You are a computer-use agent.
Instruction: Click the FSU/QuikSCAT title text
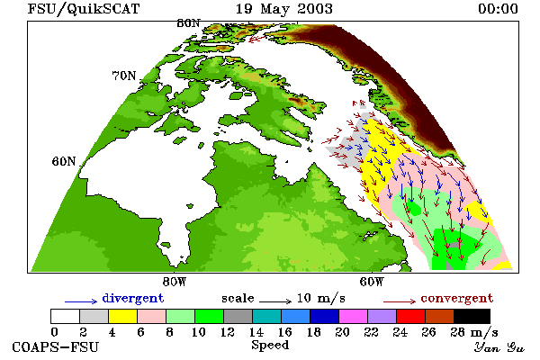84,9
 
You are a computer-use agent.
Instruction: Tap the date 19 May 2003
284,9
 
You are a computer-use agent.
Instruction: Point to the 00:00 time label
498,9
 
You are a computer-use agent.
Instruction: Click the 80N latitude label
188,23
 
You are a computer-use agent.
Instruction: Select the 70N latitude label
124,76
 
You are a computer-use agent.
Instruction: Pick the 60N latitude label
64,161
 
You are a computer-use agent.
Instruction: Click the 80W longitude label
175,282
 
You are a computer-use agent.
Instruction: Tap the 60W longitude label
371,282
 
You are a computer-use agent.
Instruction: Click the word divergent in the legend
133,299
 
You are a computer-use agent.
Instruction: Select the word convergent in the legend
457,298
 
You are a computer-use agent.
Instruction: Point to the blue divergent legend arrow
81,301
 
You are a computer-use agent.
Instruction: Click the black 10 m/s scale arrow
275,301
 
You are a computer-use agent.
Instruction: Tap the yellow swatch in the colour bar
123,316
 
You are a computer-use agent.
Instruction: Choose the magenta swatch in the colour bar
354,316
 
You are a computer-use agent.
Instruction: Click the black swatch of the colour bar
472,316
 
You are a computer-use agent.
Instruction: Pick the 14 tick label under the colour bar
256,332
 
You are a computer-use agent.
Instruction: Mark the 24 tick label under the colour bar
400,332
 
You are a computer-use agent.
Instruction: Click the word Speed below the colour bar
270,346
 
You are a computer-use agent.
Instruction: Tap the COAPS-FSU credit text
56,346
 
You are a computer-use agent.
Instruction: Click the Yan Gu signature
499,347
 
